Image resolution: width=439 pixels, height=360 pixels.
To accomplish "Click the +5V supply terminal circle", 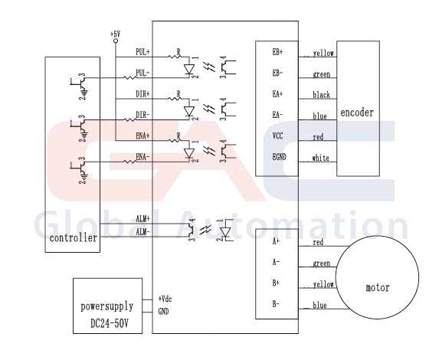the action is (x=116, y=41).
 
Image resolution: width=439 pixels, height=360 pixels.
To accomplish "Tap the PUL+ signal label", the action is (x=143, y=52).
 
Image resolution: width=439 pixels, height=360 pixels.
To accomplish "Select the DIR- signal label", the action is (x=143, y=115).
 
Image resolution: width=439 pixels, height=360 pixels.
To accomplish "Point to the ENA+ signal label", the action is (x=143, y=136).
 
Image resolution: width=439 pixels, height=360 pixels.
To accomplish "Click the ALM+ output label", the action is (x=143, y=218).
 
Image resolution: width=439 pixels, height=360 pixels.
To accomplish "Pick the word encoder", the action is (x=357, y=113).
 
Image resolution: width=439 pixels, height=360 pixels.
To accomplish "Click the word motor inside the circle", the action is (x=378, y=287).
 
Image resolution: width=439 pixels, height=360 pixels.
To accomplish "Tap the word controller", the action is (x=74, y=238).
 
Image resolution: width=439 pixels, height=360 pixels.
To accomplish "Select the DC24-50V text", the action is (x=110, y=323).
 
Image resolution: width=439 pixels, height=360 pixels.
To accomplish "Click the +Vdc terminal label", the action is (x=165, y=299).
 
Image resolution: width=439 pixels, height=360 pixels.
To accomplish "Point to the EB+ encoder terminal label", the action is (x=277, y=52).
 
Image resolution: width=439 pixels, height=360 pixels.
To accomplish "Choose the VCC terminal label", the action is (x=278, y=136).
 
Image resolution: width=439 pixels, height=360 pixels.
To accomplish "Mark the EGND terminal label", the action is (x=280, y=157).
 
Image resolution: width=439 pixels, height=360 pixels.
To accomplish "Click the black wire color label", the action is (x=322, y=95).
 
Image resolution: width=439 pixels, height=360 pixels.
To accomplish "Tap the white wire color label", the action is (x=320, y=158).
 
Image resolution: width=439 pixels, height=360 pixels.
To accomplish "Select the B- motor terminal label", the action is (x=276, y=304).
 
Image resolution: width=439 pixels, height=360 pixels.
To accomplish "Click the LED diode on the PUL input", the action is (x=189, y=69).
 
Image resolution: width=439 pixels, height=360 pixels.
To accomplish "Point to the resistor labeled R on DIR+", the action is (x=175, y=98).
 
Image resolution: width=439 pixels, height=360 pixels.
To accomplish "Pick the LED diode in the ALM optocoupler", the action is (x=225, y=232).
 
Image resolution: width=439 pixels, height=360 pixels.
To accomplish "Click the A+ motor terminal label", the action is (x=276, y=241).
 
